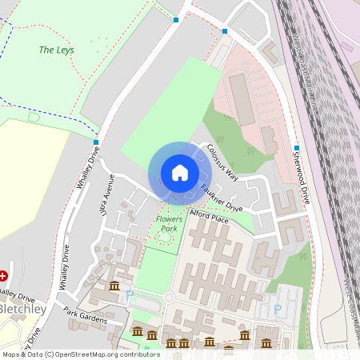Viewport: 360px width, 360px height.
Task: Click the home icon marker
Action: (x=180, y=172)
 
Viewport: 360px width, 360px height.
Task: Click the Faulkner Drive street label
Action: (x=221, y=198)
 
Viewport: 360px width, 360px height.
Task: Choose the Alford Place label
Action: (x=209, y=217)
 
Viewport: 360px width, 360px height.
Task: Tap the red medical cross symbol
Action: (x=3, y=275)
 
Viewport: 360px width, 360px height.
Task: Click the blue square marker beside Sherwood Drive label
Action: (x=296, y=148)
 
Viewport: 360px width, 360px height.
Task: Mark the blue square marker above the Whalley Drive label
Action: (x=96, y=142)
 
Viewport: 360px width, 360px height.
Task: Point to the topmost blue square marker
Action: (x=176, y=19)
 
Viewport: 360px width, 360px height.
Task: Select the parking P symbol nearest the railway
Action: (x=278, y=310)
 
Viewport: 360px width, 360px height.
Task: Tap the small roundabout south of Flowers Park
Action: (x=169, y=298)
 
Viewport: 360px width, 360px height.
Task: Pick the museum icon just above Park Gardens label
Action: (x=114, y=286)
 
